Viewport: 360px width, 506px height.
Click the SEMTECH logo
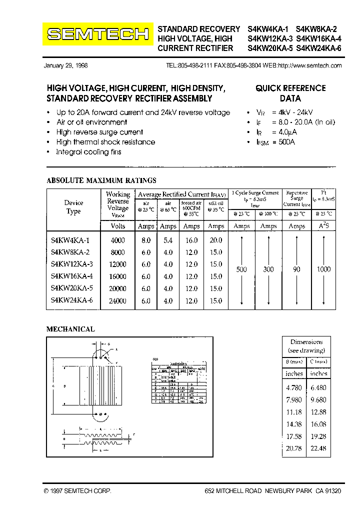[97, 34]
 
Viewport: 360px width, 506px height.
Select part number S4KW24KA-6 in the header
[318, 48]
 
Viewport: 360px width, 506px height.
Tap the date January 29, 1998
[65, 65]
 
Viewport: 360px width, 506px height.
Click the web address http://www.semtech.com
[309, 65]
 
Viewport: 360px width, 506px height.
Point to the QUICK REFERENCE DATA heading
[290, 93]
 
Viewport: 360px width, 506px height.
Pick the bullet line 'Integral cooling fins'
[88, 152]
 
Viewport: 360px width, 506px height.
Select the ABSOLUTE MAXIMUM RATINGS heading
[101, 180]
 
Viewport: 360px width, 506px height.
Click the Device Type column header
[73, 207]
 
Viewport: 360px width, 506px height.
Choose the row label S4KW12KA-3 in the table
[72, 264]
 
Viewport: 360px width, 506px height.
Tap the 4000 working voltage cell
[117, 240]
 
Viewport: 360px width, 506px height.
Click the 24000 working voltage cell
[117, 301]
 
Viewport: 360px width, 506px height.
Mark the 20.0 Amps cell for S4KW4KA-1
[216, 240]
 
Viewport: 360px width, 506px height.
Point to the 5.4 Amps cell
[168, 240]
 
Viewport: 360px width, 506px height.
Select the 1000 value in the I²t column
[323, 269]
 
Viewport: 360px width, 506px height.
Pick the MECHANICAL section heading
[70, 329]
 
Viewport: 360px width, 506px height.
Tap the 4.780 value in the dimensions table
[294, 387]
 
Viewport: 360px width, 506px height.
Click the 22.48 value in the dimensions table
[318, 448]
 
